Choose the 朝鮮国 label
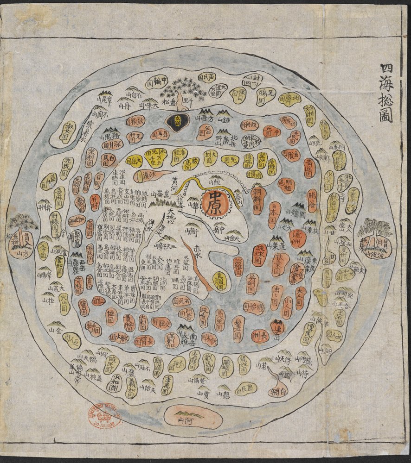click(x=257, y=197)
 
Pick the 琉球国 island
click(x=259, y=255)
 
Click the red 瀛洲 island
click(x=295, y=238)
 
